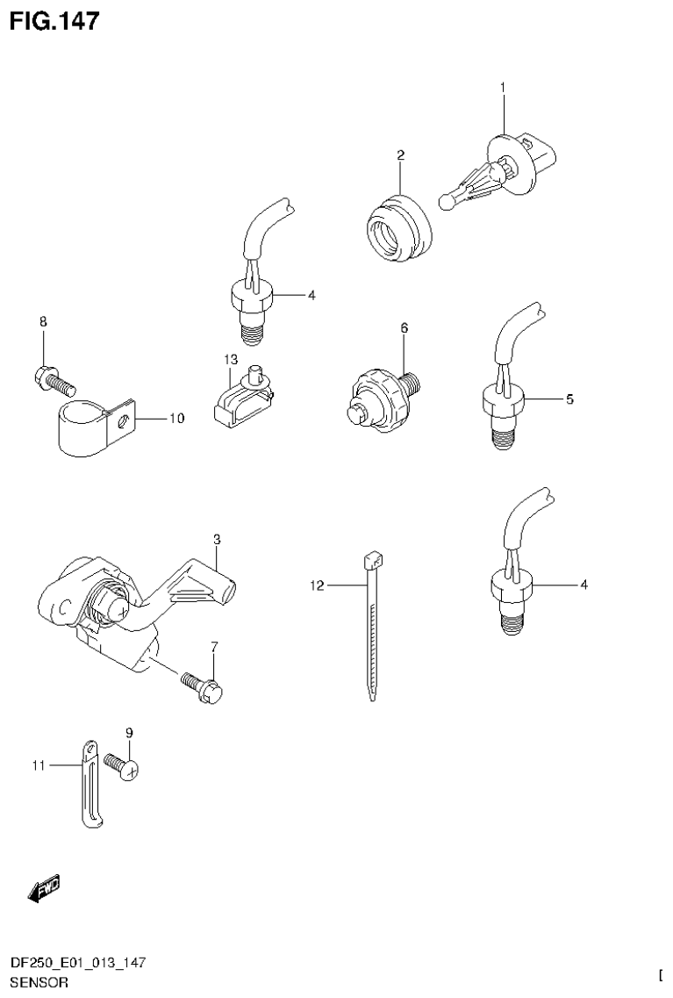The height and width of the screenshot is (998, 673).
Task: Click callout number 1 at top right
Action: click(503, 87)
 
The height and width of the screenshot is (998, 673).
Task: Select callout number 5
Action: click(569, 399)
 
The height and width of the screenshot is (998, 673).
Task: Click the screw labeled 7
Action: click(204, 686)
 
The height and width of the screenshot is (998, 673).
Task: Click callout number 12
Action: click(317, 585)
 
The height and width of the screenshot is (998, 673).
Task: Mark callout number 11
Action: click(37, 765)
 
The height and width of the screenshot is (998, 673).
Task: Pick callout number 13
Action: click(231, 360)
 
